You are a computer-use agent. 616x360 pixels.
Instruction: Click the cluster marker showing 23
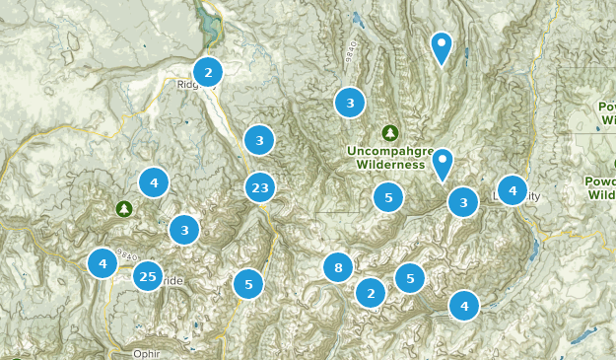(260, 187)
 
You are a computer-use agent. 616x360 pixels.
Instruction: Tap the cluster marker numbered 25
(148, 275)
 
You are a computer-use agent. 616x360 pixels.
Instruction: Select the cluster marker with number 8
(338, 267)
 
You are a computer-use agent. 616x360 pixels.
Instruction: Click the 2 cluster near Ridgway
(208, 72)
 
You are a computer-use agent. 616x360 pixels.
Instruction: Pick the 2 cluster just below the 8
(371, 293)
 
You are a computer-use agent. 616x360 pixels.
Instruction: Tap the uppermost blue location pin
(442, 45)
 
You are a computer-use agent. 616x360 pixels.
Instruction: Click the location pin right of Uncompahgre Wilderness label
(444, 162)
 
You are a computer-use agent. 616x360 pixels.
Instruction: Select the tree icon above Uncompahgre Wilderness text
(390, 132)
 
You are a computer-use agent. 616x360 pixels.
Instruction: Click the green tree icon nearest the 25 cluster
(123, 208)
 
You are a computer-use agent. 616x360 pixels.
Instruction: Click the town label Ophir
(144, 353)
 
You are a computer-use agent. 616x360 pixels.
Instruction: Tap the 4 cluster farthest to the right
(513, 189)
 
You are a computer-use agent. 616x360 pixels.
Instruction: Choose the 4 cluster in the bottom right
(464, 306)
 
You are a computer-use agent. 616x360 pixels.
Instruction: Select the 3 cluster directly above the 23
(259, 140)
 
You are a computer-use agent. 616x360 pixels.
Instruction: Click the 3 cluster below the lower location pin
(463, 203)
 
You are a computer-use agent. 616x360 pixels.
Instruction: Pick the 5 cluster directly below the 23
(249, 284)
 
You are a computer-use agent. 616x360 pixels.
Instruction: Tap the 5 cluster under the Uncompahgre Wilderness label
(389, 198)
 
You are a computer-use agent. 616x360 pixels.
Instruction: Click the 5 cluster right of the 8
(410, 277)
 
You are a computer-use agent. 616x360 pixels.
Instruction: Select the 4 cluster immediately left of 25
(103, 263)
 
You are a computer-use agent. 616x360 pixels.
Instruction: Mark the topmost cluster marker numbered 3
(350, 102)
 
